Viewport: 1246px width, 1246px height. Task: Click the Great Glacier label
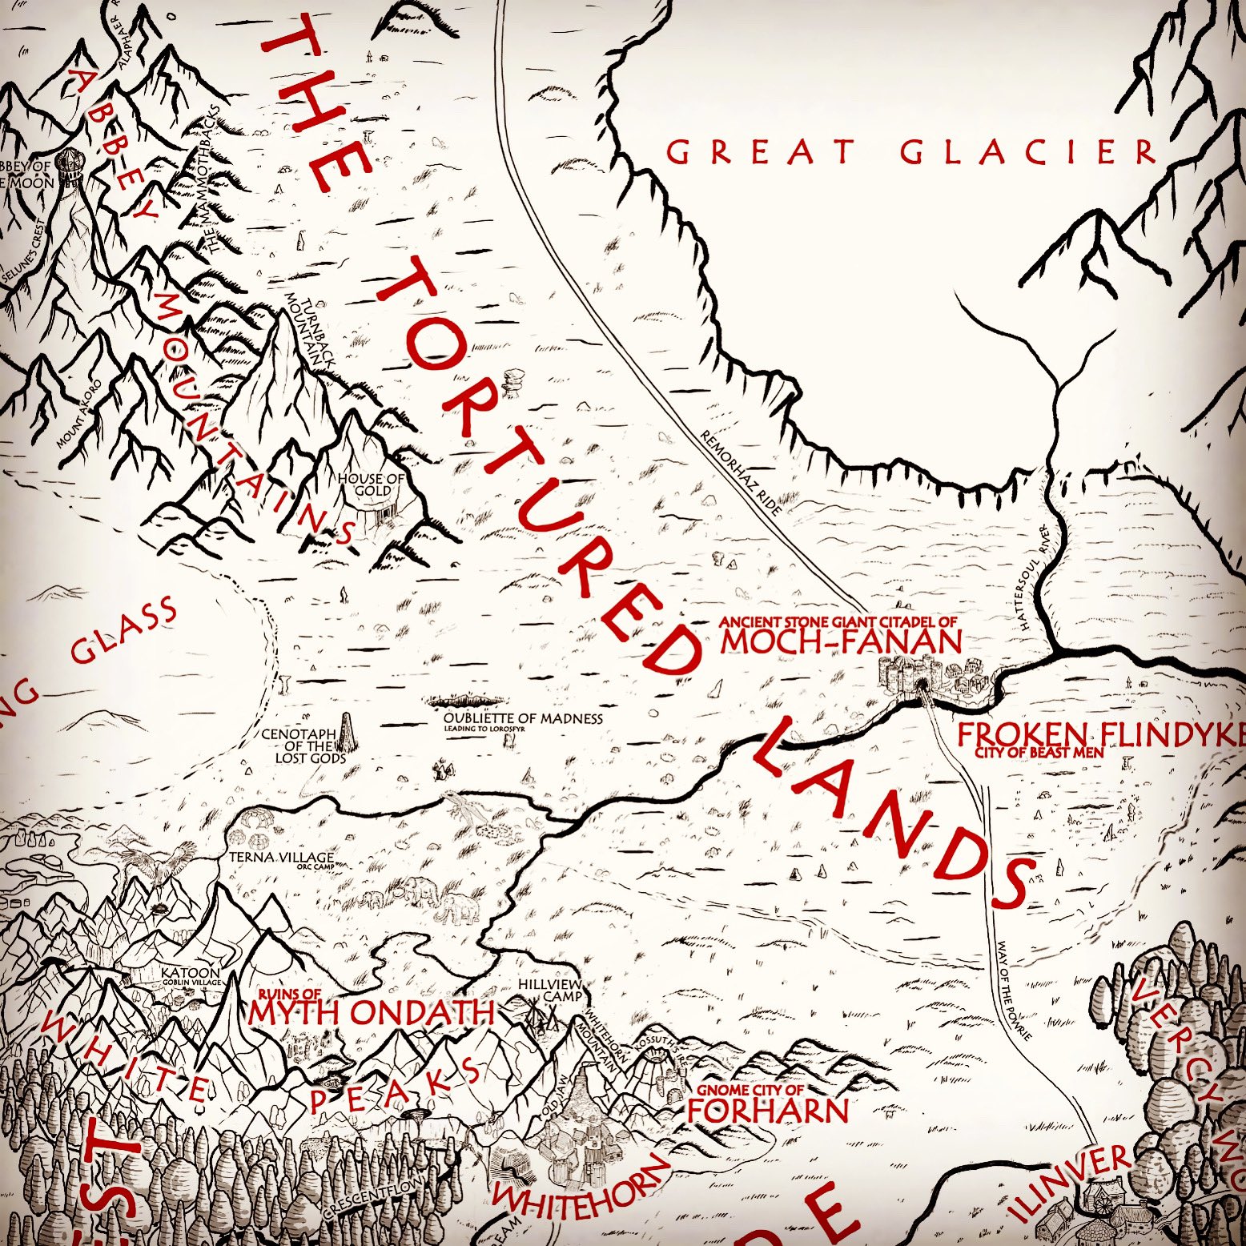point(911,151)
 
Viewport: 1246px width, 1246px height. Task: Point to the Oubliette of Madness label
point(523,718)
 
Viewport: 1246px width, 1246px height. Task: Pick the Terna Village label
point(276,858)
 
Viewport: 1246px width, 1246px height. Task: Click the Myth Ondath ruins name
point(371,1012)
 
